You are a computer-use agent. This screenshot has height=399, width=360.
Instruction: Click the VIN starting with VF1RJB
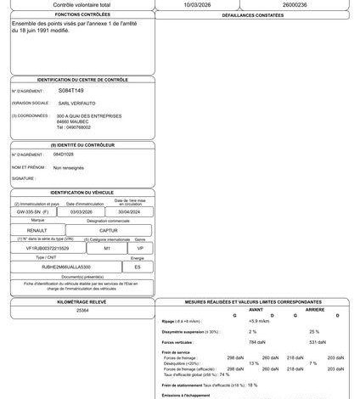tap(48, 248)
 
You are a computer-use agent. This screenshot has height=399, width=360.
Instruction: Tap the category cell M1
tap(107, 248)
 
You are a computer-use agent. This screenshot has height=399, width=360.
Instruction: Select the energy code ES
tap(138, 266)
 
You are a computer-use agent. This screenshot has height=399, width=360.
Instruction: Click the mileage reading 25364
tap(82, 312)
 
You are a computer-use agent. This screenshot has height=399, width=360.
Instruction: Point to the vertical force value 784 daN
tap(228, 341)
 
